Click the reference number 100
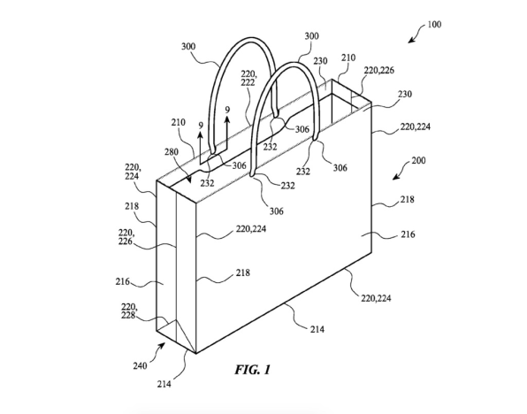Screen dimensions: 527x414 coord(434,25)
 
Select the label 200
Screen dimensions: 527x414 coord(418,160)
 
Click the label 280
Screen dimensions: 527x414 coord(172,152)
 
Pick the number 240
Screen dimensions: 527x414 coord(140,365)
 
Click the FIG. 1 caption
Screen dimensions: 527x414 coord(252,370)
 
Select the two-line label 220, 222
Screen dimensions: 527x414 coord(248,78)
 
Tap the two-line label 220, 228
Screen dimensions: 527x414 coord(128,311)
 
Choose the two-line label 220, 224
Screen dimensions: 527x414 coord(133,172)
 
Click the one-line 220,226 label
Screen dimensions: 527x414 coord(379,70)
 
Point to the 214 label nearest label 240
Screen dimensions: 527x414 coord(164,384)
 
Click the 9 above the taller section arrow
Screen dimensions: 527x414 coord(227,110)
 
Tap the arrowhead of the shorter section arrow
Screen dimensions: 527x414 coord(201,134)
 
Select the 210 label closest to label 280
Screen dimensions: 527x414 coord(178,122)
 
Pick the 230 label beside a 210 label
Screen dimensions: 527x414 coord(320,61)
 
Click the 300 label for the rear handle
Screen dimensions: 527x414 coord(188,46)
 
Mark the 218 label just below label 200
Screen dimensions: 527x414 coord(407,199)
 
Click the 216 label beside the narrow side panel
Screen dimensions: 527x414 coord(123,281)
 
